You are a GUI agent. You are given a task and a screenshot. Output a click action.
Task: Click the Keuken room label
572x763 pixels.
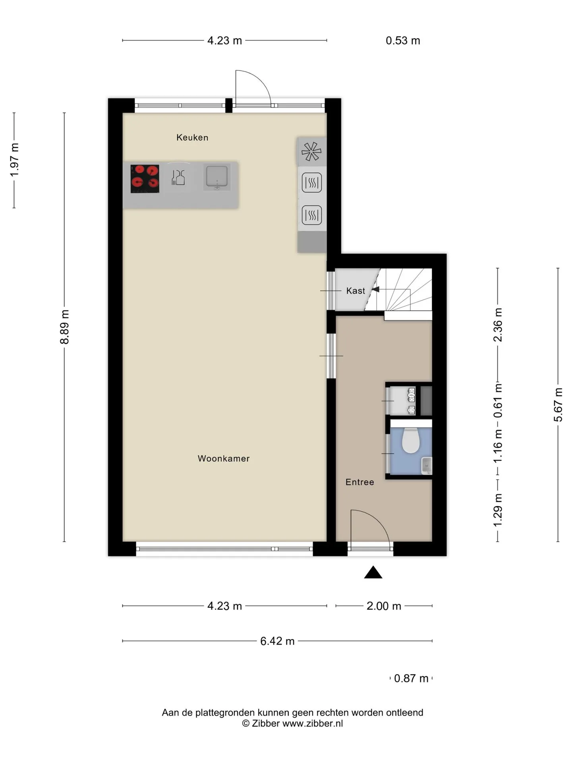click(192, 137)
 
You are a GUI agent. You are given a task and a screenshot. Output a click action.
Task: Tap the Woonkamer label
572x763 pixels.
click(224, 459)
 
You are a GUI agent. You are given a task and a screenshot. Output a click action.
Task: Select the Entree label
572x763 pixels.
click(360, 482)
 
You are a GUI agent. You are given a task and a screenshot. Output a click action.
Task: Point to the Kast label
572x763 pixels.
click(356, 291)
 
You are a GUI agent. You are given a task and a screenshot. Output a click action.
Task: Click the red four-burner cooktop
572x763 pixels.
click(145, 179)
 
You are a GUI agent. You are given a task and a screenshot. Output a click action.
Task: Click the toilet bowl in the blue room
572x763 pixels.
click(411, 441)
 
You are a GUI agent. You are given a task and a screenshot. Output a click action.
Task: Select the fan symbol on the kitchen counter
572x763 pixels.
click(311, 151)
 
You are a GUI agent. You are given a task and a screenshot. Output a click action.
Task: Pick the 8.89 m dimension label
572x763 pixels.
click(65, 327)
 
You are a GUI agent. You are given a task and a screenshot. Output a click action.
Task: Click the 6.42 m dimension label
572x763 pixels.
click(277, 641)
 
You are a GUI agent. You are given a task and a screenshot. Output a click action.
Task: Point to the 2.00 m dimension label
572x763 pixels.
click(384, 606)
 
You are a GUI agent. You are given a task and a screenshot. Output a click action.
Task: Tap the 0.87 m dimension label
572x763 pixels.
click(411, 678)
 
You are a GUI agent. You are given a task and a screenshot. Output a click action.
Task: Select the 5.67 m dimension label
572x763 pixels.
click(558, 405)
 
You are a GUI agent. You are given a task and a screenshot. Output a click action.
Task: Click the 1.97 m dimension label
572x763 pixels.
click(14, 160)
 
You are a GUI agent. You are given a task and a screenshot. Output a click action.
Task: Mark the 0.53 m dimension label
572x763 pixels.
click(403, 41)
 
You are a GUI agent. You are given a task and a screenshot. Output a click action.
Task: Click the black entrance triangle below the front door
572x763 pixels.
click(373, 572)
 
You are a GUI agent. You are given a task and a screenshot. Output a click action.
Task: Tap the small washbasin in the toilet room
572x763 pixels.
click(427, 465)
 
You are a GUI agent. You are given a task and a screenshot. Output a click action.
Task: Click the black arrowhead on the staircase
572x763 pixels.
click(375, 289)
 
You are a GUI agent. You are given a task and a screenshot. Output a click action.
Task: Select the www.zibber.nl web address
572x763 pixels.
click(312, 724)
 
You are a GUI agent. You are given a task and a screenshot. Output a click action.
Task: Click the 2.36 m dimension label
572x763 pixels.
click(498, 325)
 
